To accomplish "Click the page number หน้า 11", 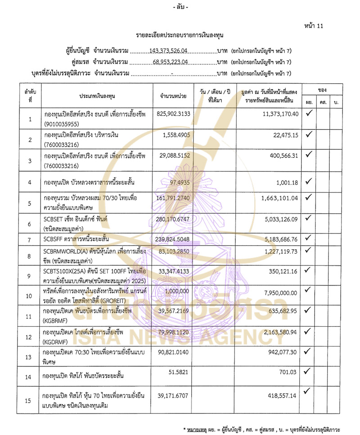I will pos(314,26).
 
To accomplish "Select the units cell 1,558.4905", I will pos(173,135).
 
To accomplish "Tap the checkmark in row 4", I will pos(309,182).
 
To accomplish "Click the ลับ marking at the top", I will pos(180,8).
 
